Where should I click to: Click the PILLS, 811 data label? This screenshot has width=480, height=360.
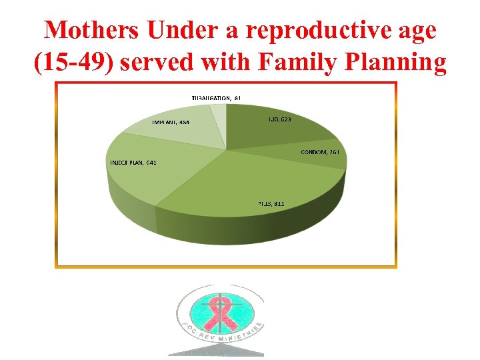(271, 203)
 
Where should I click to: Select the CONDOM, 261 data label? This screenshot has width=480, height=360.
(321, 152)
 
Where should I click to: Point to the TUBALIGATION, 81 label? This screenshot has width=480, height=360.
(216, 98)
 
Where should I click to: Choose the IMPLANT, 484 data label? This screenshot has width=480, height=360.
(170, 122)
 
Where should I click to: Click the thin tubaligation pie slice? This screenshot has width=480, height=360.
(218, 116)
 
